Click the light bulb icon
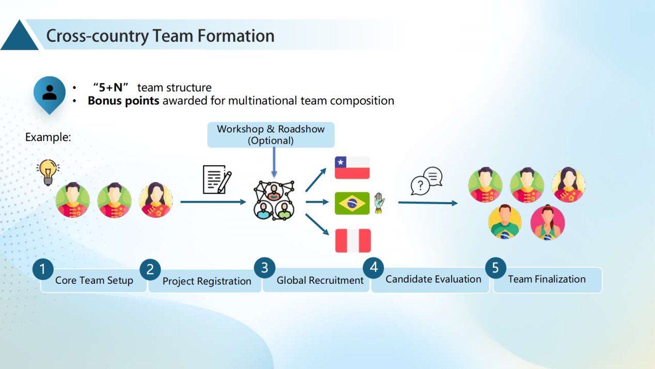pyautogui.click(x=47, y=173)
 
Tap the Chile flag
pyautogui.click(x=352, y=167)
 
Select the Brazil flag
pyautogui.click(x=352, y=203)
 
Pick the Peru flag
pyautogui.click(x=353, y=241)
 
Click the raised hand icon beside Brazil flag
pyautogui.click(x=379, y=203)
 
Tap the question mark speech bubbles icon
pyautogui.click(x=426, y=181)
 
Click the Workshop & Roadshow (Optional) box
pyautogui.click(x=270, y=135)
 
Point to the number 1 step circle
pyautogui.click(x=43, y=269)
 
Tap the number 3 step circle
pyautogui.click(x=265, y=267)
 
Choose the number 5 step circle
pyautogui.click(x=496, y=267)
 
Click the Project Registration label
pyautogui.click(x=206, y=282)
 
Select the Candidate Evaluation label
pyautogui.click(x=433, y=280)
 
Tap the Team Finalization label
pyautogui.click(x=547, y=280)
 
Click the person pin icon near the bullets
pyautogui.click(x=50, y=94)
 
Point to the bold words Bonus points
pyautogui.click(x=123, y=101)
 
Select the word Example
pyautogui.click(x=47, y=137)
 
